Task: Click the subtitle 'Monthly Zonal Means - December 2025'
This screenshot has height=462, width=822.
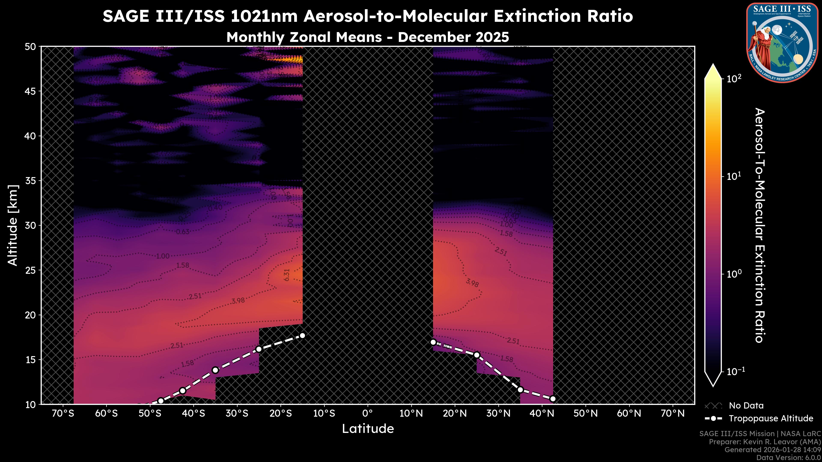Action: pyautogui.click(x=368, y=37)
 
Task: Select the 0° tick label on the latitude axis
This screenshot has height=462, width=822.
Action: pyautogui.click(x=368, y=413)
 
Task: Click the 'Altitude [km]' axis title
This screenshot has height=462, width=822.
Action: pyautogui.click(x=13, y=225)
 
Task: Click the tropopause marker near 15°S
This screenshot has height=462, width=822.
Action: pyautogui.click(x=302, y=335)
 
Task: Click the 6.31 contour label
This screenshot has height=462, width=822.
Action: pyautogui.click(x=287, y=275)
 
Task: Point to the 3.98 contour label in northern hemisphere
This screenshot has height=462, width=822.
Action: pyautogui.click(x=472, y=283)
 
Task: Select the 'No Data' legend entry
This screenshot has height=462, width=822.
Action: pyautogui.click(x=746, y=406)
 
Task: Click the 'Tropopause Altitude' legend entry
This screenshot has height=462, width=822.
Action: pyautogui.click(x=771, y=418)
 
